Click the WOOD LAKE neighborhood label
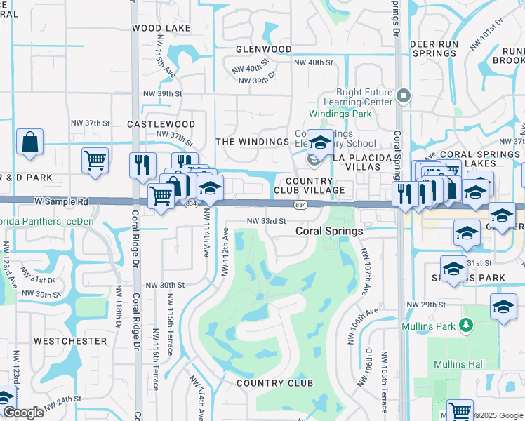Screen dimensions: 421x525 pos(161,28)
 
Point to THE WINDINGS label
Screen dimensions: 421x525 pos(252,142)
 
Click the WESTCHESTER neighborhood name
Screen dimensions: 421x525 pos(70,341)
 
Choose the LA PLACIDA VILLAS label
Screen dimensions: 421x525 pos(361,158)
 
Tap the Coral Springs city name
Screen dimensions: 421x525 pos(329,231)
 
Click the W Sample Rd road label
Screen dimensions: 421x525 pos(62,201)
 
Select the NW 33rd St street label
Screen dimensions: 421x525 pos(267,220)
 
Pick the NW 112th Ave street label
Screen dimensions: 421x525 pos(225,251)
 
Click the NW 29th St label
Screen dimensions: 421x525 pos(426,305)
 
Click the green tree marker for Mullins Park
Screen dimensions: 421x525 pos(464,325)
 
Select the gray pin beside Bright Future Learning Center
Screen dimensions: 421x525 pos(404,95)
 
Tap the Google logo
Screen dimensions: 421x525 pos(23,413)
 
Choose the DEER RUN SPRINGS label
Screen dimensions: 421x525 pos(434,48)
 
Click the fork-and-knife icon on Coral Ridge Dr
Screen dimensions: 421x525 pos(142,165)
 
